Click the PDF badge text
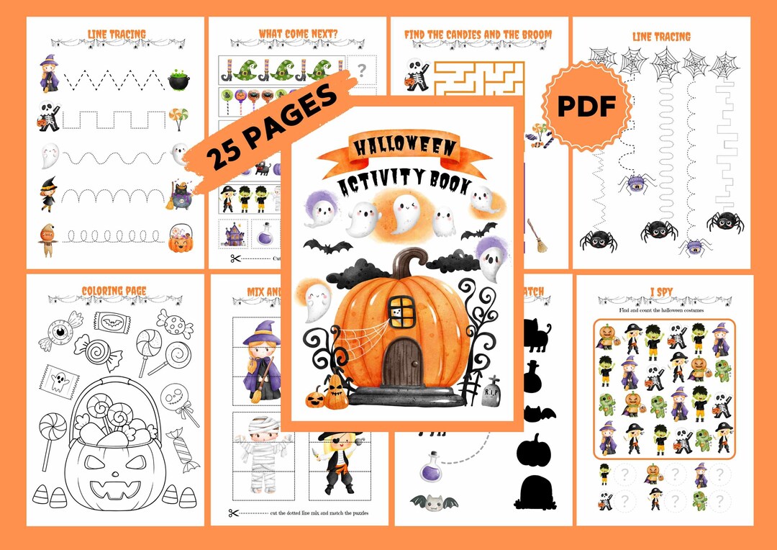point(589,107)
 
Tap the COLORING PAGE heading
point(114,292)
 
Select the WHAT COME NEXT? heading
point(296,34)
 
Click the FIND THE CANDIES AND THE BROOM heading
point(478,34)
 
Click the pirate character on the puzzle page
point(339,464)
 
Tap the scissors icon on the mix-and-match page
point(233,513)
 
